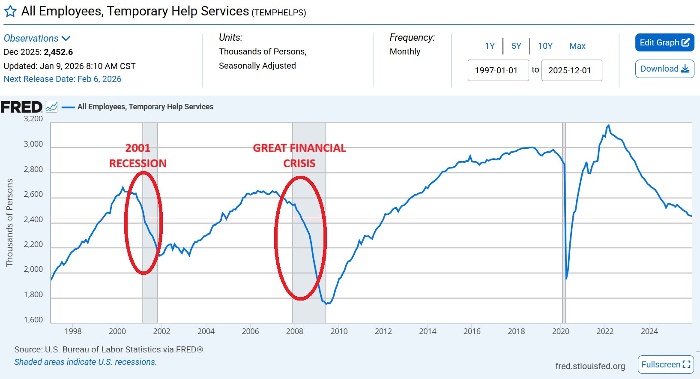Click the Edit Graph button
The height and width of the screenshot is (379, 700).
tap(664, 42)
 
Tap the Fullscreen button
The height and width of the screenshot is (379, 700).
tap(665, 364)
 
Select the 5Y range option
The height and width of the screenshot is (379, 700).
tap(516, 46)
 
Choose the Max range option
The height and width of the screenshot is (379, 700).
tap(577, 46)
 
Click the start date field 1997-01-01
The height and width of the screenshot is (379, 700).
tap(498, 70)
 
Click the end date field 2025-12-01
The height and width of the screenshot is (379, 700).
tap(571, 70)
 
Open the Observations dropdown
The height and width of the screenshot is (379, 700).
tap(37, 38)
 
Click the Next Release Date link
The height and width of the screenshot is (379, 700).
tap(63, 79)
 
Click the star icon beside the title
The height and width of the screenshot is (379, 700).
tap(10, 12)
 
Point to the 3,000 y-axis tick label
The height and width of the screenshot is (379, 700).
tap(33, 144)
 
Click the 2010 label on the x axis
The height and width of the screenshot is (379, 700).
tap(339, 331)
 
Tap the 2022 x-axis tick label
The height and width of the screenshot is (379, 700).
tap(605, 331)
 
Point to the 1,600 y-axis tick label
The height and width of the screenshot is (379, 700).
tap(33, 320)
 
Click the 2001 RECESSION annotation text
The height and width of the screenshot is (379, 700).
tap(138, 156)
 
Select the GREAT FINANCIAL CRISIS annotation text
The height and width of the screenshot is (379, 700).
tap(299, 156)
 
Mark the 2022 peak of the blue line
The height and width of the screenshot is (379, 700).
tap(608, 125)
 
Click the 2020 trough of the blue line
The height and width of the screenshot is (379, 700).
tap(566, 279)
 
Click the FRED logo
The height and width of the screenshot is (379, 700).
tap(21, 107)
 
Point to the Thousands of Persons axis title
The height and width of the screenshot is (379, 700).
tap(9, 223)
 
